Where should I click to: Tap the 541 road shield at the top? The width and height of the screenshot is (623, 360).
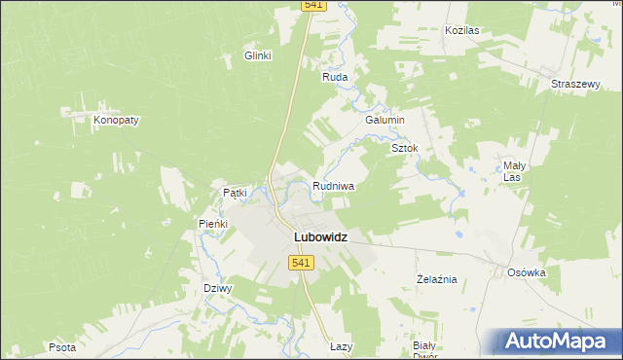(312, 5)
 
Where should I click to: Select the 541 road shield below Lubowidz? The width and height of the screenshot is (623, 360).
(301, 263)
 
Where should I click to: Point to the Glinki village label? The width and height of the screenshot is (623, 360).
(257, 56)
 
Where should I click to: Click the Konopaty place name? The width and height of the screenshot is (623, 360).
(117, 120)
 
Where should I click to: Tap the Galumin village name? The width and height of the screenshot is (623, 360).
(385, 119)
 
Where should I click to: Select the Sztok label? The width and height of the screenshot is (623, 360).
(404, 148)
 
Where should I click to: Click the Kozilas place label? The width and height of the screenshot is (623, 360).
(462, 30)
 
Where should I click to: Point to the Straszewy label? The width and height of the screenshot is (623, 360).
(574, 84)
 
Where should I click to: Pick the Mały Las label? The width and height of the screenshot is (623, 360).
(514, 171)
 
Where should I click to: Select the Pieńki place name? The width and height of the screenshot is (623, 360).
(213, 224)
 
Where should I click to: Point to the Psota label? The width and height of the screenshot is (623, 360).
(61, 346)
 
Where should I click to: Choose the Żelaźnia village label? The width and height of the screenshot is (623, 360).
(436, 279)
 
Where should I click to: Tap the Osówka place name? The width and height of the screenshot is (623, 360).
(527, 272)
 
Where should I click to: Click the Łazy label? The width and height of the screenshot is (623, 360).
(340, 346)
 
